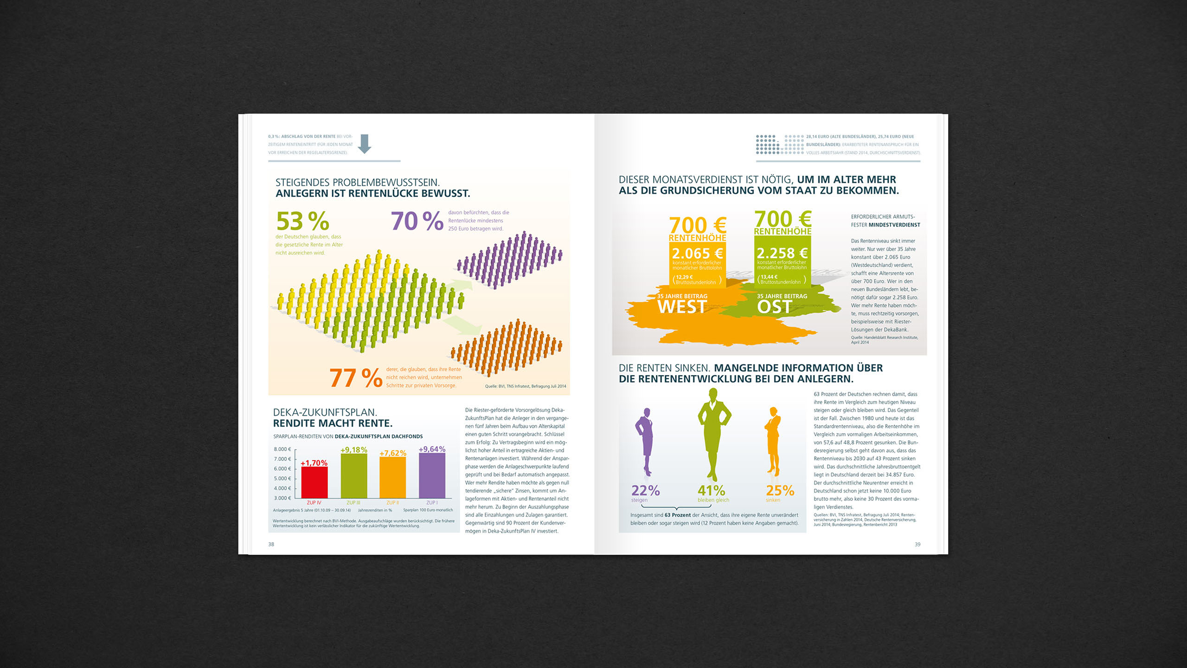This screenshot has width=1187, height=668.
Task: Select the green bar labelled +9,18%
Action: (x=353, y=475)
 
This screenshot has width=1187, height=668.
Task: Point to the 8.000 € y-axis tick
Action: (x=282, y=449)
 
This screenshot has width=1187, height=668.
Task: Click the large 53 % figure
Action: (x=302, y=221)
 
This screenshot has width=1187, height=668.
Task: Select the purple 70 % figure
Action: (x=417, y=221)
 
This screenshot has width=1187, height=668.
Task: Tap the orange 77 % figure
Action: (x=356, y=378)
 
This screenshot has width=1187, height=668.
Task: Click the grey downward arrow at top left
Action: (x=365, y=143)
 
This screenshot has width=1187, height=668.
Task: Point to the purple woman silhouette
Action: (x=645, y=441)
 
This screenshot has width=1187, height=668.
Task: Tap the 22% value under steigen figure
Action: (x=645, y=490)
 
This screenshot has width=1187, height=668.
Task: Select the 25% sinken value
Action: (x=780, y=490)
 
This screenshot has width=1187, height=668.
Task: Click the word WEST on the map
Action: (x=682, y=307)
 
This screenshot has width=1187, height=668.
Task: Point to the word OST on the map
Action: (x=774, y=307)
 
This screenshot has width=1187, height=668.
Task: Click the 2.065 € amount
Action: (x=697, y=253)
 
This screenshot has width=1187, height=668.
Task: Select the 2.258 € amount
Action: (x=782, y=253)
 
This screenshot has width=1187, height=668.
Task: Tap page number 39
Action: (x=917, y=544)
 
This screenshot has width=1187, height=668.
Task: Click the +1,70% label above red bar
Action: (x=314, y=463)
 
